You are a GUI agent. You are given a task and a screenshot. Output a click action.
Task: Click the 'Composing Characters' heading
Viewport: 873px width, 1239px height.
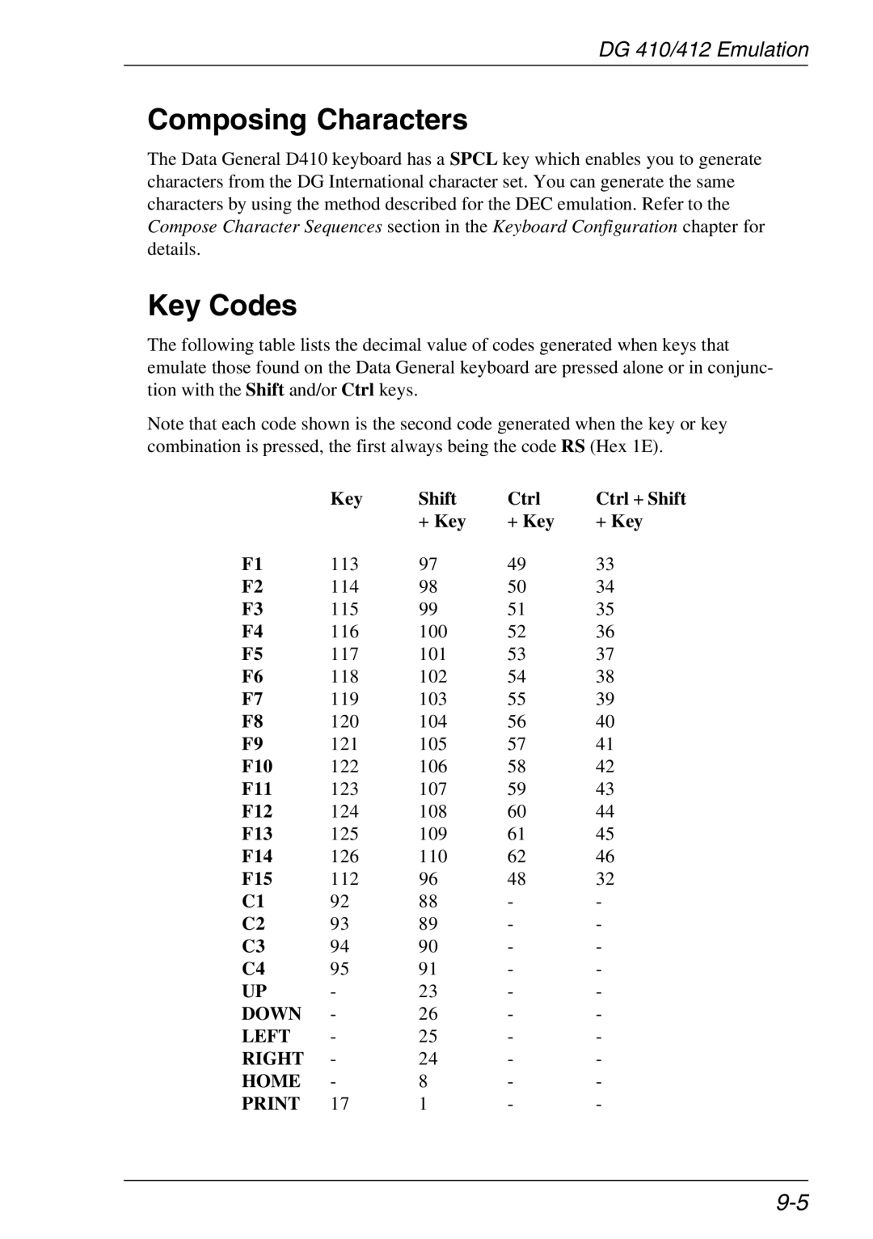307,121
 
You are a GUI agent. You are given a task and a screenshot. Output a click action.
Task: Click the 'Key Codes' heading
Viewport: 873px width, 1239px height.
222,306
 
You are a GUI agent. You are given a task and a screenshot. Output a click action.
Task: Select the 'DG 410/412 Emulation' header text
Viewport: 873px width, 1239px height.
703,50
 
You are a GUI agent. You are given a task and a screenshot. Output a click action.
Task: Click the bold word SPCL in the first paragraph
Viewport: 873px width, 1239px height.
474,159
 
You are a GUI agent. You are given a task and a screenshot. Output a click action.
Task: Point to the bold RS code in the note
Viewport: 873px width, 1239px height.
573,446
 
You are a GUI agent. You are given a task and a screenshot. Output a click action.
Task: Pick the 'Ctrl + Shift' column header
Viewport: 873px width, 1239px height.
640,499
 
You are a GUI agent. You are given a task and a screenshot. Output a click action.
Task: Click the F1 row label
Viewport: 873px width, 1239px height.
252,565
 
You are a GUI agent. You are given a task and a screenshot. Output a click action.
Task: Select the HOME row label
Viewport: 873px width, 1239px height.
271,1081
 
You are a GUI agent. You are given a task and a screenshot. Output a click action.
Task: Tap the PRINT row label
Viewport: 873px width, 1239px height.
271,1104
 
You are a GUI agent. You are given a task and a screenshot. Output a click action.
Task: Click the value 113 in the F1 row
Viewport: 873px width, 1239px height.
344,565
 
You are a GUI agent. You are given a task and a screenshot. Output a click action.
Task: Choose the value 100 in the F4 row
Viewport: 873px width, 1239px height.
432,632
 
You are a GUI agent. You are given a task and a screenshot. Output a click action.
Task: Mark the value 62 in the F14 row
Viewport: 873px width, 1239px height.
517,856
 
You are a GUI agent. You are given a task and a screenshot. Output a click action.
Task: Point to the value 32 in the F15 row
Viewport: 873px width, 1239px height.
605,879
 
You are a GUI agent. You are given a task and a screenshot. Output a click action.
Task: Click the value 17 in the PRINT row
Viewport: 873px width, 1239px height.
339,1104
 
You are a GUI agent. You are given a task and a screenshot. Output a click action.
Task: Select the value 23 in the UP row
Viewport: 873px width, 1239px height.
428,992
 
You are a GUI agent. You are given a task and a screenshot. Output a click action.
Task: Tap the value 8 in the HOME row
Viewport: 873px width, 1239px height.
423,1081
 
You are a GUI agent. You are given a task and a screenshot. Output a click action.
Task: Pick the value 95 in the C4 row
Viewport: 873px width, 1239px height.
339,969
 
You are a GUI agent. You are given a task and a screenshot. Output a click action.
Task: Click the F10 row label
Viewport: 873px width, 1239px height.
257,767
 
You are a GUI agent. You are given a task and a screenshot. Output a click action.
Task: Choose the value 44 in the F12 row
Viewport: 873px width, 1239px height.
605,811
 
